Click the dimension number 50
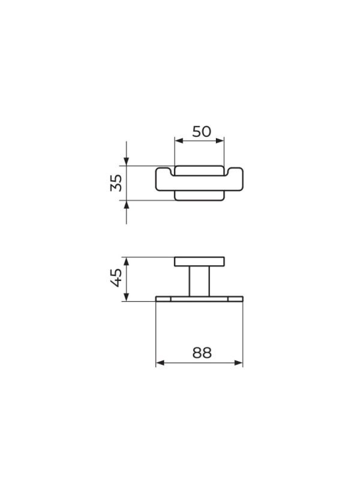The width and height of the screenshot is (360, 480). click(202, 131)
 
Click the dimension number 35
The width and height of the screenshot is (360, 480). click(116, 183)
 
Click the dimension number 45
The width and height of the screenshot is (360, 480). click(116, 278)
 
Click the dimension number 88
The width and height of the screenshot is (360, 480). click(202, 353)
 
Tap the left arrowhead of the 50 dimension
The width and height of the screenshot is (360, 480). click(179, 140)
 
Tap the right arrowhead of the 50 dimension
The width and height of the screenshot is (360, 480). click(220, 140)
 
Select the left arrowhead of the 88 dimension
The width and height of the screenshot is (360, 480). click(160, 363)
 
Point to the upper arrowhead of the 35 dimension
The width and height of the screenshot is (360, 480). click(127, 161)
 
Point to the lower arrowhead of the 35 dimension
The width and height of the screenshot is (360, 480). click(127, 205)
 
